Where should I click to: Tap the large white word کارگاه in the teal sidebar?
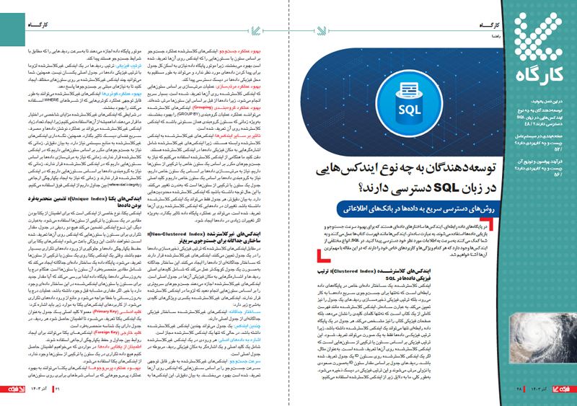pos(527,72)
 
